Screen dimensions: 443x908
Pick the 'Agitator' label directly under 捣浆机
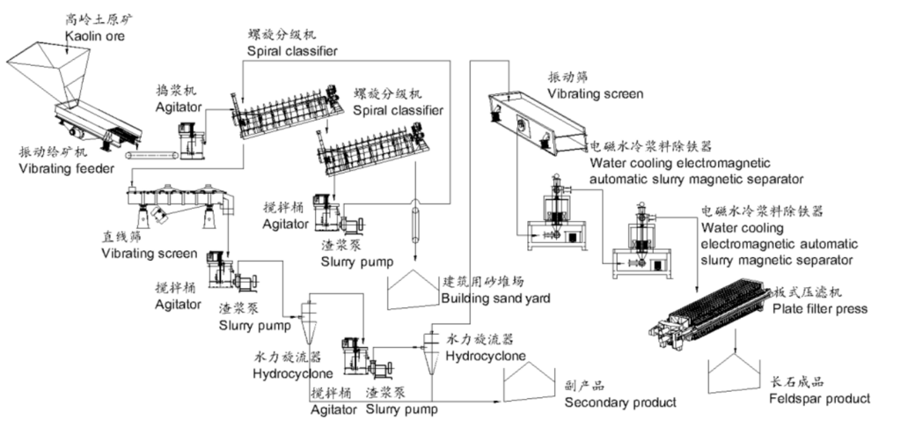tap(179, 107)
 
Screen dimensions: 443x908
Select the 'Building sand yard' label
tap(495, 299)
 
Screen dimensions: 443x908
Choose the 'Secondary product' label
tap(620, 402)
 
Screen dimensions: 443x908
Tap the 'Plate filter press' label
tap(819, 308)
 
